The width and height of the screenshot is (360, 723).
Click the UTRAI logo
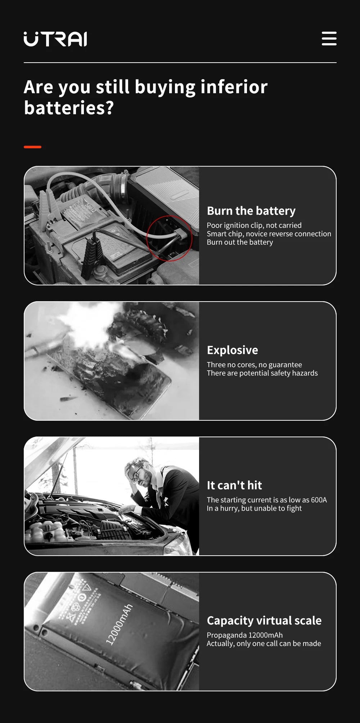click(55, 39)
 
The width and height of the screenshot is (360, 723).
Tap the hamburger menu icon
click(329, 39)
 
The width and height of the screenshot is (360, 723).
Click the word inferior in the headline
click(234, 87)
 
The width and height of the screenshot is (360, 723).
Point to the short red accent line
click(32, 147)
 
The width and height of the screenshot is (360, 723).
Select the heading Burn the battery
click(251, 211)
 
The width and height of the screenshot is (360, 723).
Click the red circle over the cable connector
click(169, 238)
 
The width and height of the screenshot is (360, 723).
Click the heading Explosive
click(232, 350)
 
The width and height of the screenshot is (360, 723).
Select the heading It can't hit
click(234, 485)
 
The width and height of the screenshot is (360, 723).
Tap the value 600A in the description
click(319, 500)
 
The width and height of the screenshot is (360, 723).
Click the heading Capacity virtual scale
click(264, 620)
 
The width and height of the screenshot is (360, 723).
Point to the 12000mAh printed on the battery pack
click(119, 624)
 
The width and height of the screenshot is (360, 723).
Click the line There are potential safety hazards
click(262, 373)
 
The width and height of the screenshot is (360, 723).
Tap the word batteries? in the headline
click(68, 108)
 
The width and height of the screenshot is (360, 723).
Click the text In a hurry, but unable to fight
click(254, 508)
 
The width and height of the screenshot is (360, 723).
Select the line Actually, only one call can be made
click(264, 643)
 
